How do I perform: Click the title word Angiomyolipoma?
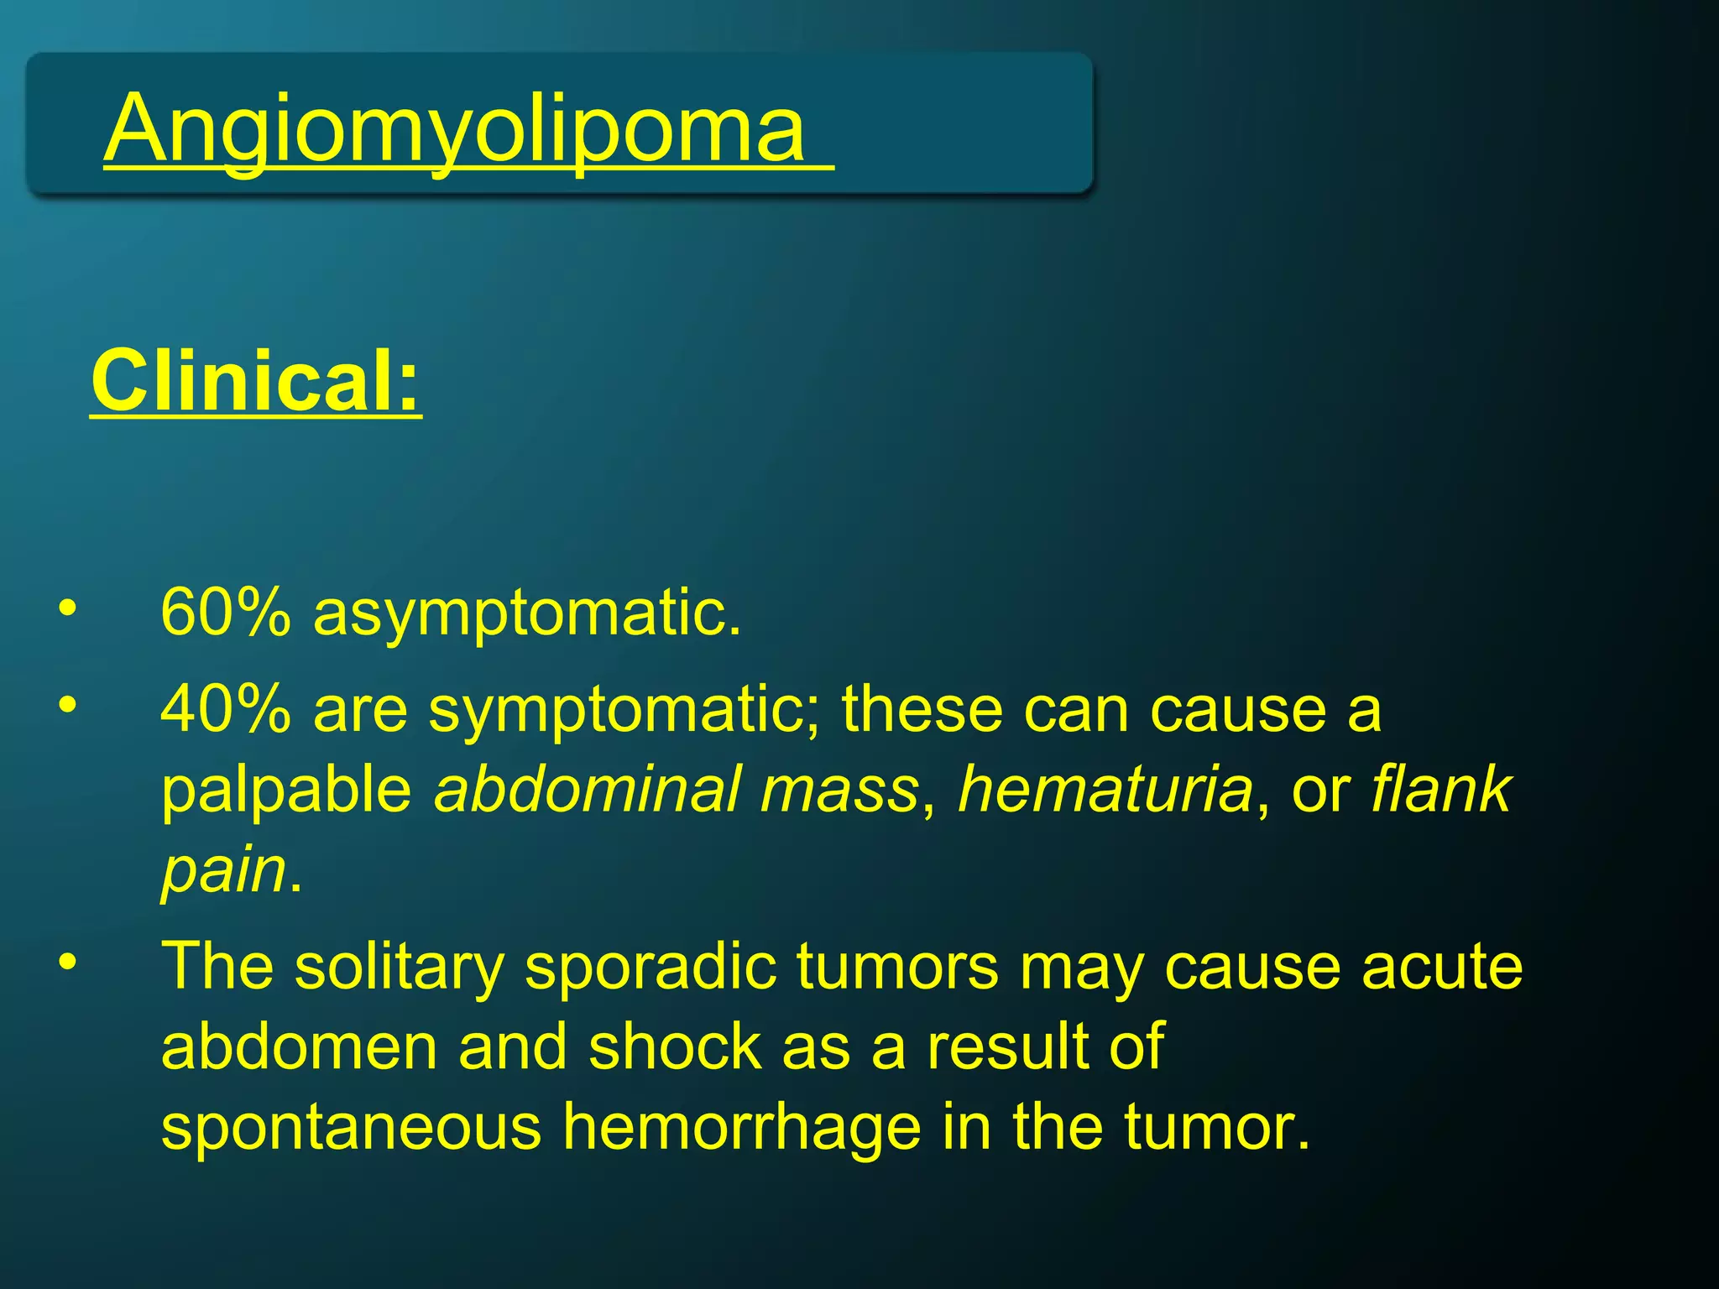pos(457,130)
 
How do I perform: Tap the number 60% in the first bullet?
pos(226,613)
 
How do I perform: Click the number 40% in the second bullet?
pos(226,709)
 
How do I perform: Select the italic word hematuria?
pos(1105,789)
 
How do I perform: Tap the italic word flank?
pos(1440,789)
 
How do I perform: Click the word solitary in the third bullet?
pos(399,968)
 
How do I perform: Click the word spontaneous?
pos(352,1129)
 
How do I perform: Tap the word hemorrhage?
pos(741,1129)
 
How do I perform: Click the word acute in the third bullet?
pos(1441,968)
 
